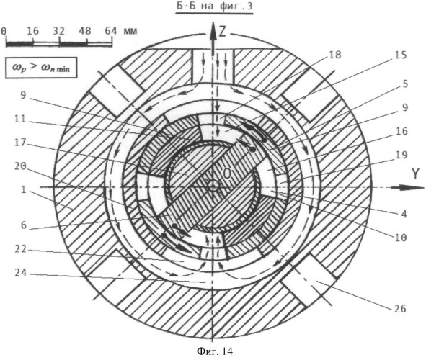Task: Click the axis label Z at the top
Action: (x=223, y=32)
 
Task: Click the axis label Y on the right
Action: (x=415, y=174)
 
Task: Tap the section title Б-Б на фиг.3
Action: (x=214, y=6)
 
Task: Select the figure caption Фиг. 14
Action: (x=215, y=351)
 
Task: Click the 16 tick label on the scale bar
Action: (x=33, y=31)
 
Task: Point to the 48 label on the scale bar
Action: (x=85, y=31)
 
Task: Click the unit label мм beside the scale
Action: (x=130, y=31)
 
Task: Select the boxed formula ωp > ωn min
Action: (x=41, y=68)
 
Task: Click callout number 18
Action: (x=334, y=55)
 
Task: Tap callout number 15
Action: (x=400, y=55)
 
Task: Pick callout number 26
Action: (x=399, y=309)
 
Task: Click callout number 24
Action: (x=21, y=272)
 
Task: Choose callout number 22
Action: (x=21, y=249)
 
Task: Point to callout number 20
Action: (x=21, y=166)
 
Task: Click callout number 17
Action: (x=21, y=142)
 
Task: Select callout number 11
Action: (x=21, y=119)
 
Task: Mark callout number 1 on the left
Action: (x=24, y=189)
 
